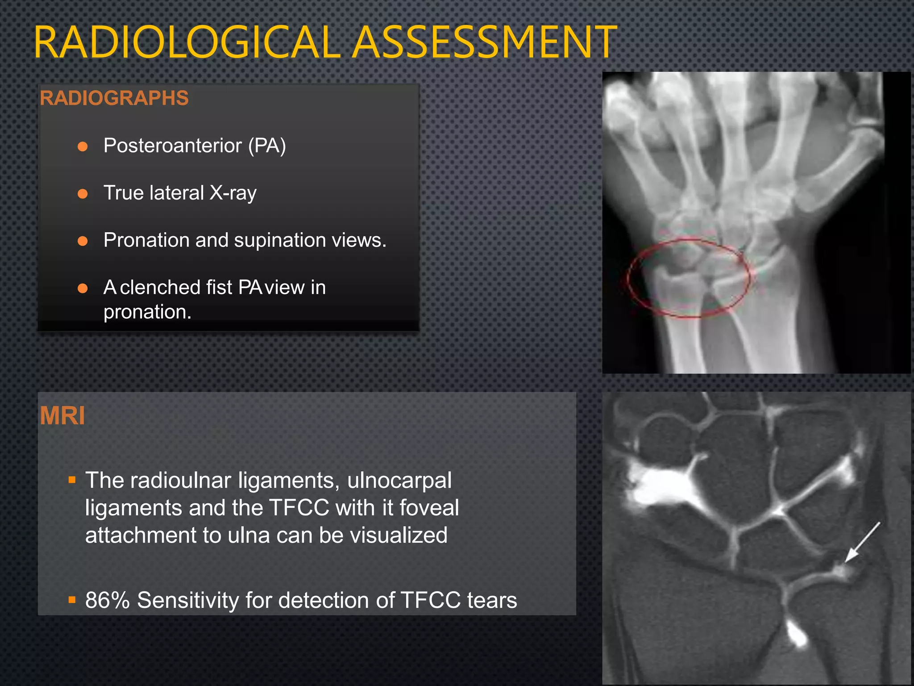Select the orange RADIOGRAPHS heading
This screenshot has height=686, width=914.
coord(114,98)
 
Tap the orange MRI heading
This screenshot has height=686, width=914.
coord(62,416)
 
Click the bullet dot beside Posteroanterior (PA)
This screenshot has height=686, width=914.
coord(83,146)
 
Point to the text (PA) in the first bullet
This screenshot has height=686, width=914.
coord(267,146)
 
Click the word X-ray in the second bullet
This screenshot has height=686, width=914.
coord(233,193)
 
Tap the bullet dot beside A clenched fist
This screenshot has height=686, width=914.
coord(83,289)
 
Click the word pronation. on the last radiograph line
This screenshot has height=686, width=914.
coord(147,312)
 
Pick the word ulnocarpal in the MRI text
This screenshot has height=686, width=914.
coord(399,481)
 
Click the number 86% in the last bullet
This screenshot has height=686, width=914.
coord(107,600)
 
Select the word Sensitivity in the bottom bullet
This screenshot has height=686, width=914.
coord(188,600)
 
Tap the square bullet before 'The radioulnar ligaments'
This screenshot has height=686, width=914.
coord(72,481)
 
